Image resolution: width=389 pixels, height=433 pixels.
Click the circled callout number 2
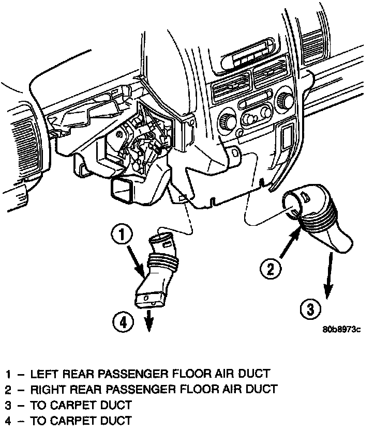point(271,269)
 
